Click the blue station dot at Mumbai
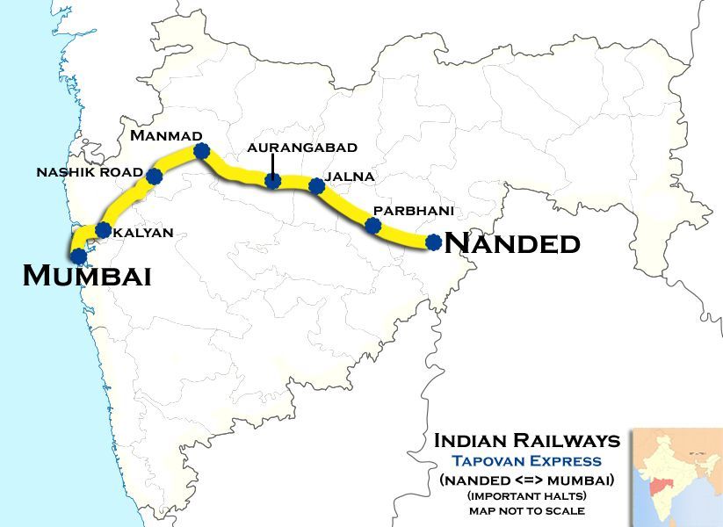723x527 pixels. (x=79, y=256)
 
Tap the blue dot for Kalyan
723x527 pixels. (x=103, y=231)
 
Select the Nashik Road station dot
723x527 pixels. (x=155, y=177)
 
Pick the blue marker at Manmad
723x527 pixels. (x=201, y=151)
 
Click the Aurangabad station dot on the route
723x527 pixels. (x=272, y=182)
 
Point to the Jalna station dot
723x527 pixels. (x=316, y=185)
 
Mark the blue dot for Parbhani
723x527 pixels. (x=372, y=226)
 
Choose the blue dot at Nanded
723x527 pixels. (x=433, y=242)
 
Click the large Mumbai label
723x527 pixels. (x=87, y=276)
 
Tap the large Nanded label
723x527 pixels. (x=513, y=242)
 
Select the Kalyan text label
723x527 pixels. (x=145, y=233)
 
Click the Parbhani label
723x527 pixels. (x=401, y=211)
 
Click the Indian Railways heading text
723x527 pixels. (x=527, y=440)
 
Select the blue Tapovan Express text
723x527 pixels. (x=527, y=461)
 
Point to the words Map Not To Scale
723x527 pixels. (x=527, y=510)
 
